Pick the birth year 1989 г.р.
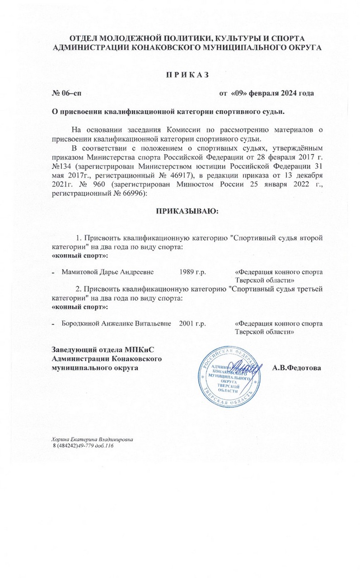point(192,272)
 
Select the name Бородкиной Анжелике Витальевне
point(116,324)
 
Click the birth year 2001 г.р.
point(192,324)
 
